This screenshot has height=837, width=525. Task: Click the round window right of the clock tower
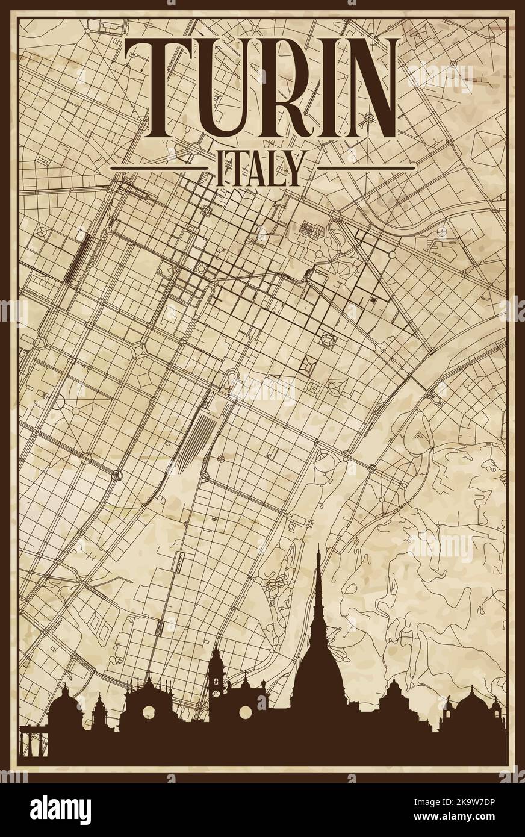tap(245, 712)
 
